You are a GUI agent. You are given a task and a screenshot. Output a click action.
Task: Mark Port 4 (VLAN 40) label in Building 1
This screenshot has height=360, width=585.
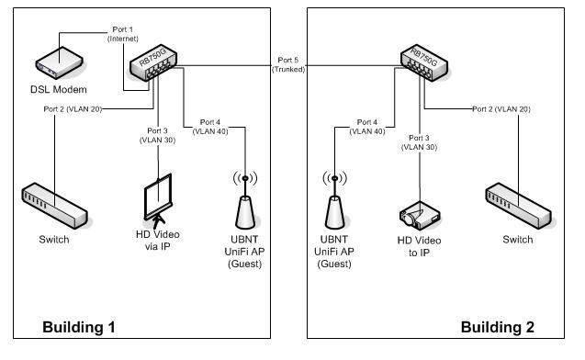click(x=208, y=128)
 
